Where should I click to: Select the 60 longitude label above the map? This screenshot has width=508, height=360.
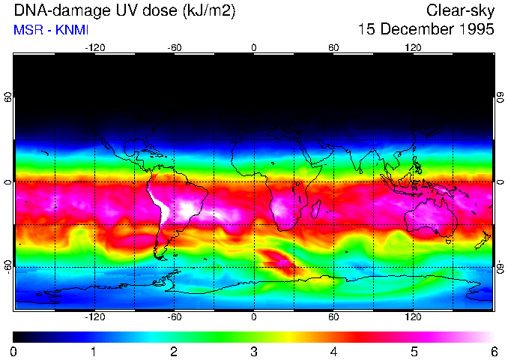(x=333, y=47)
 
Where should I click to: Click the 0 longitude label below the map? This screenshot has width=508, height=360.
(x=254, y=316)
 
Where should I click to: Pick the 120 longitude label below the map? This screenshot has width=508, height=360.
(x=414, y=316)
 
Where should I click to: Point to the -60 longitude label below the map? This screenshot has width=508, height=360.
(x=174, y=316)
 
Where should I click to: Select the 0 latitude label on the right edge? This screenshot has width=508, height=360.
(x=501, y=182)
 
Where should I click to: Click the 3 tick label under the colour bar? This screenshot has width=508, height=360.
(x=254, y=351)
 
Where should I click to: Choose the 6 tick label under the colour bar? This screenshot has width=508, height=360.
(x=494, y=351)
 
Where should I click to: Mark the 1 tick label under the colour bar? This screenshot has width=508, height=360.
(x=94, y=351)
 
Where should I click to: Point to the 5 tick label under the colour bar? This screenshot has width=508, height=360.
(x=414, y=351)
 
